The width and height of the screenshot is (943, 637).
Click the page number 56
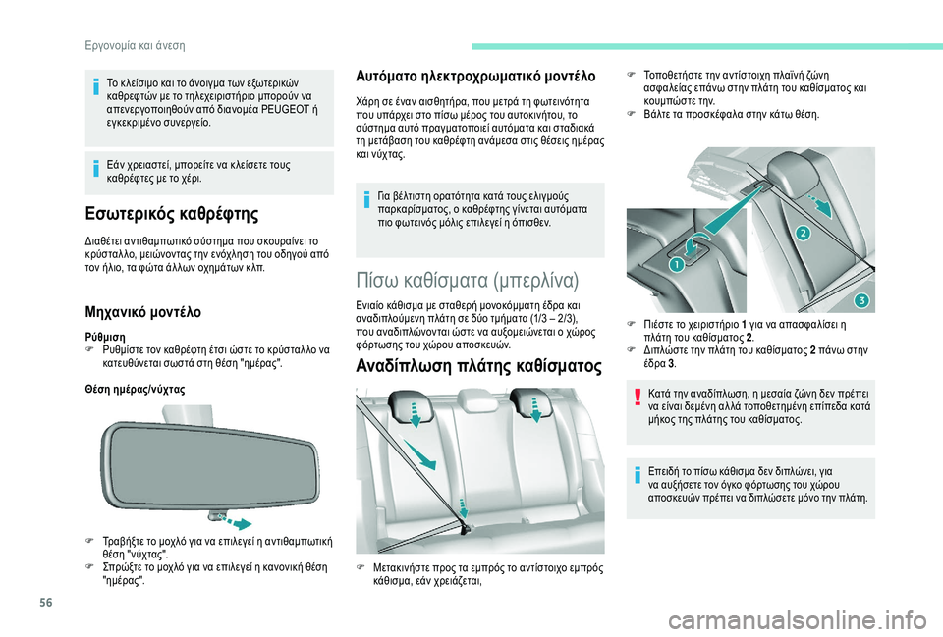[46, 602]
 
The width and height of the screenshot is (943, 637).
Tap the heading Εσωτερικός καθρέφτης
[172, 214]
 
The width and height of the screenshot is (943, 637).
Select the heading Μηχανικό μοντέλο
[143, 312]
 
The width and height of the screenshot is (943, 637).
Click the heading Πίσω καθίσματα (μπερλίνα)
[468, 281]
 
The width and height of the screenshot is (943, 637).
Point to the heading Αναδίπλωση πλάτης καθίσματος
[478, 366]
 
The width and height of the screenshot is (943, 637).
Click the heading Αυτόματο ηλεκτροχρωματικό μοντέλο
[475, 77]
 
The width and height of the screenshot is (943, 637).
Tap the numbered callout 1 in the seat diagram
[676, 264]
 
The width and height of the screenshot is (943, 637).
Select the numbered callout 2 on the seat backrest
[804, 233]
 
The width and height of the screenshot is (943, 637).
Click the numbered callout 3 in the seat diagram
[861, 300]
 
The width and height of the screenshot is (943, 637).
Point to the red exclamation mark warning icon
[637, 398]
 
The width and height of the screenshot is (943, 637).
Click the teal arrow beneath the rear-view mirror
[236, 521]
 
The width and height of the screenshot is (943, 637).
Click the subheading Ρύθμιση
[105, 337]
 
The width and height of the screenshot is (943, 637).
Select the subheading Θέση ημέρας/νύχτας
[136, 390]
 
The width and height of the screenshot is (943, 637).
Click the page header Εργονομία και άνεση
[136, 46]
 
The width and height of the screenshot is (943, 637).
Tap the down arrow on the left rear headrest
[415, 414]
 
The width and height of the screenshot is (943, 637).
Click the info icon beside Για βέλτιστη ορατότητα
[365, 200]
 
